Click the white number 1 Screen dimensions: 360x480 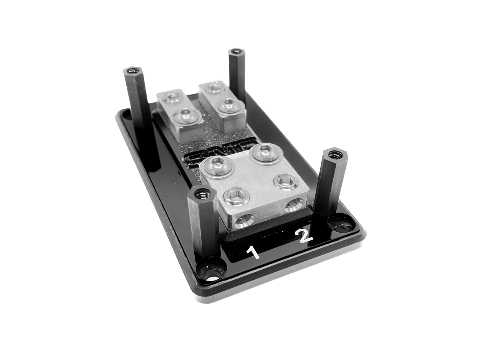coord(254,253)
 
